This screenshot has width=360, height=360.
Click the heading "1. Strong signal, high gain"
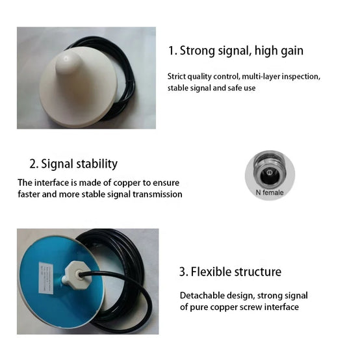click(236, 51)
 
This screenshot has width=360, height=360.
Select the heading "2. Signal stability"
click(73, 164)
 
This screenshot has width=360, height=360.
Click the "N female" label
click(270, 192)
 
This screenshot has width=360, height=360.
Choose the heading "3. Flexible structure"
click(230, 272)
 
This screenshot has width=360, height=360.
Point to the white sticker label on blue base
click(46, 277)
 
